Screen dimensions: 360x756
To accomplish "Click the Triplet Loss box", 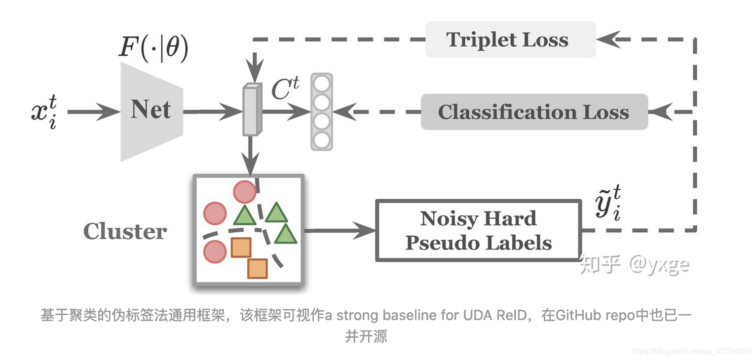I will tap(510, 39).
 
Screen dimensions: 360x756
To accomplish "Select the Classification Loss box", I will tap(534, 112).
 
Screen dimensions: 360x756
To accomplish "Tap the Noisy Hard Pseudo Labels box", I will tap(478, 230).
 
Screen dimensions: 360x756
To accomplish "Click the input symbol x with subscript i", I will tap(43, 111).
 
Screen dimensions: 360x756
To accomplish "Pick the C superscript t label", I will tap(285, 89).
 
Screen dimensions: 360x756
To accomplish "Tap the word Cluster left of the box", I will tap(125, 231).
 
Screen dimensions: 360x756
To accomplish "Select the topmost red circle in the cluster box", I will tap(244, 191).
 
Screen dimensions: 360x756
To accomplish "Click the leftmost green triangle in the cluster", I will tap(245, 215).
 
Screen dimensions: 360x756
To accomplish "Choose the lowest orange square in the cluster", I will tap(258, 268).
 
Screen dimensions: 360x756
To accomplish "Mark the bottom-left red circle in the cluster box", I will tap(215, 252).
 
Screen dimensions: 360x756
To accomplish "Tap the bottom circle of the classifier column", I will tap(322, 140).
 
